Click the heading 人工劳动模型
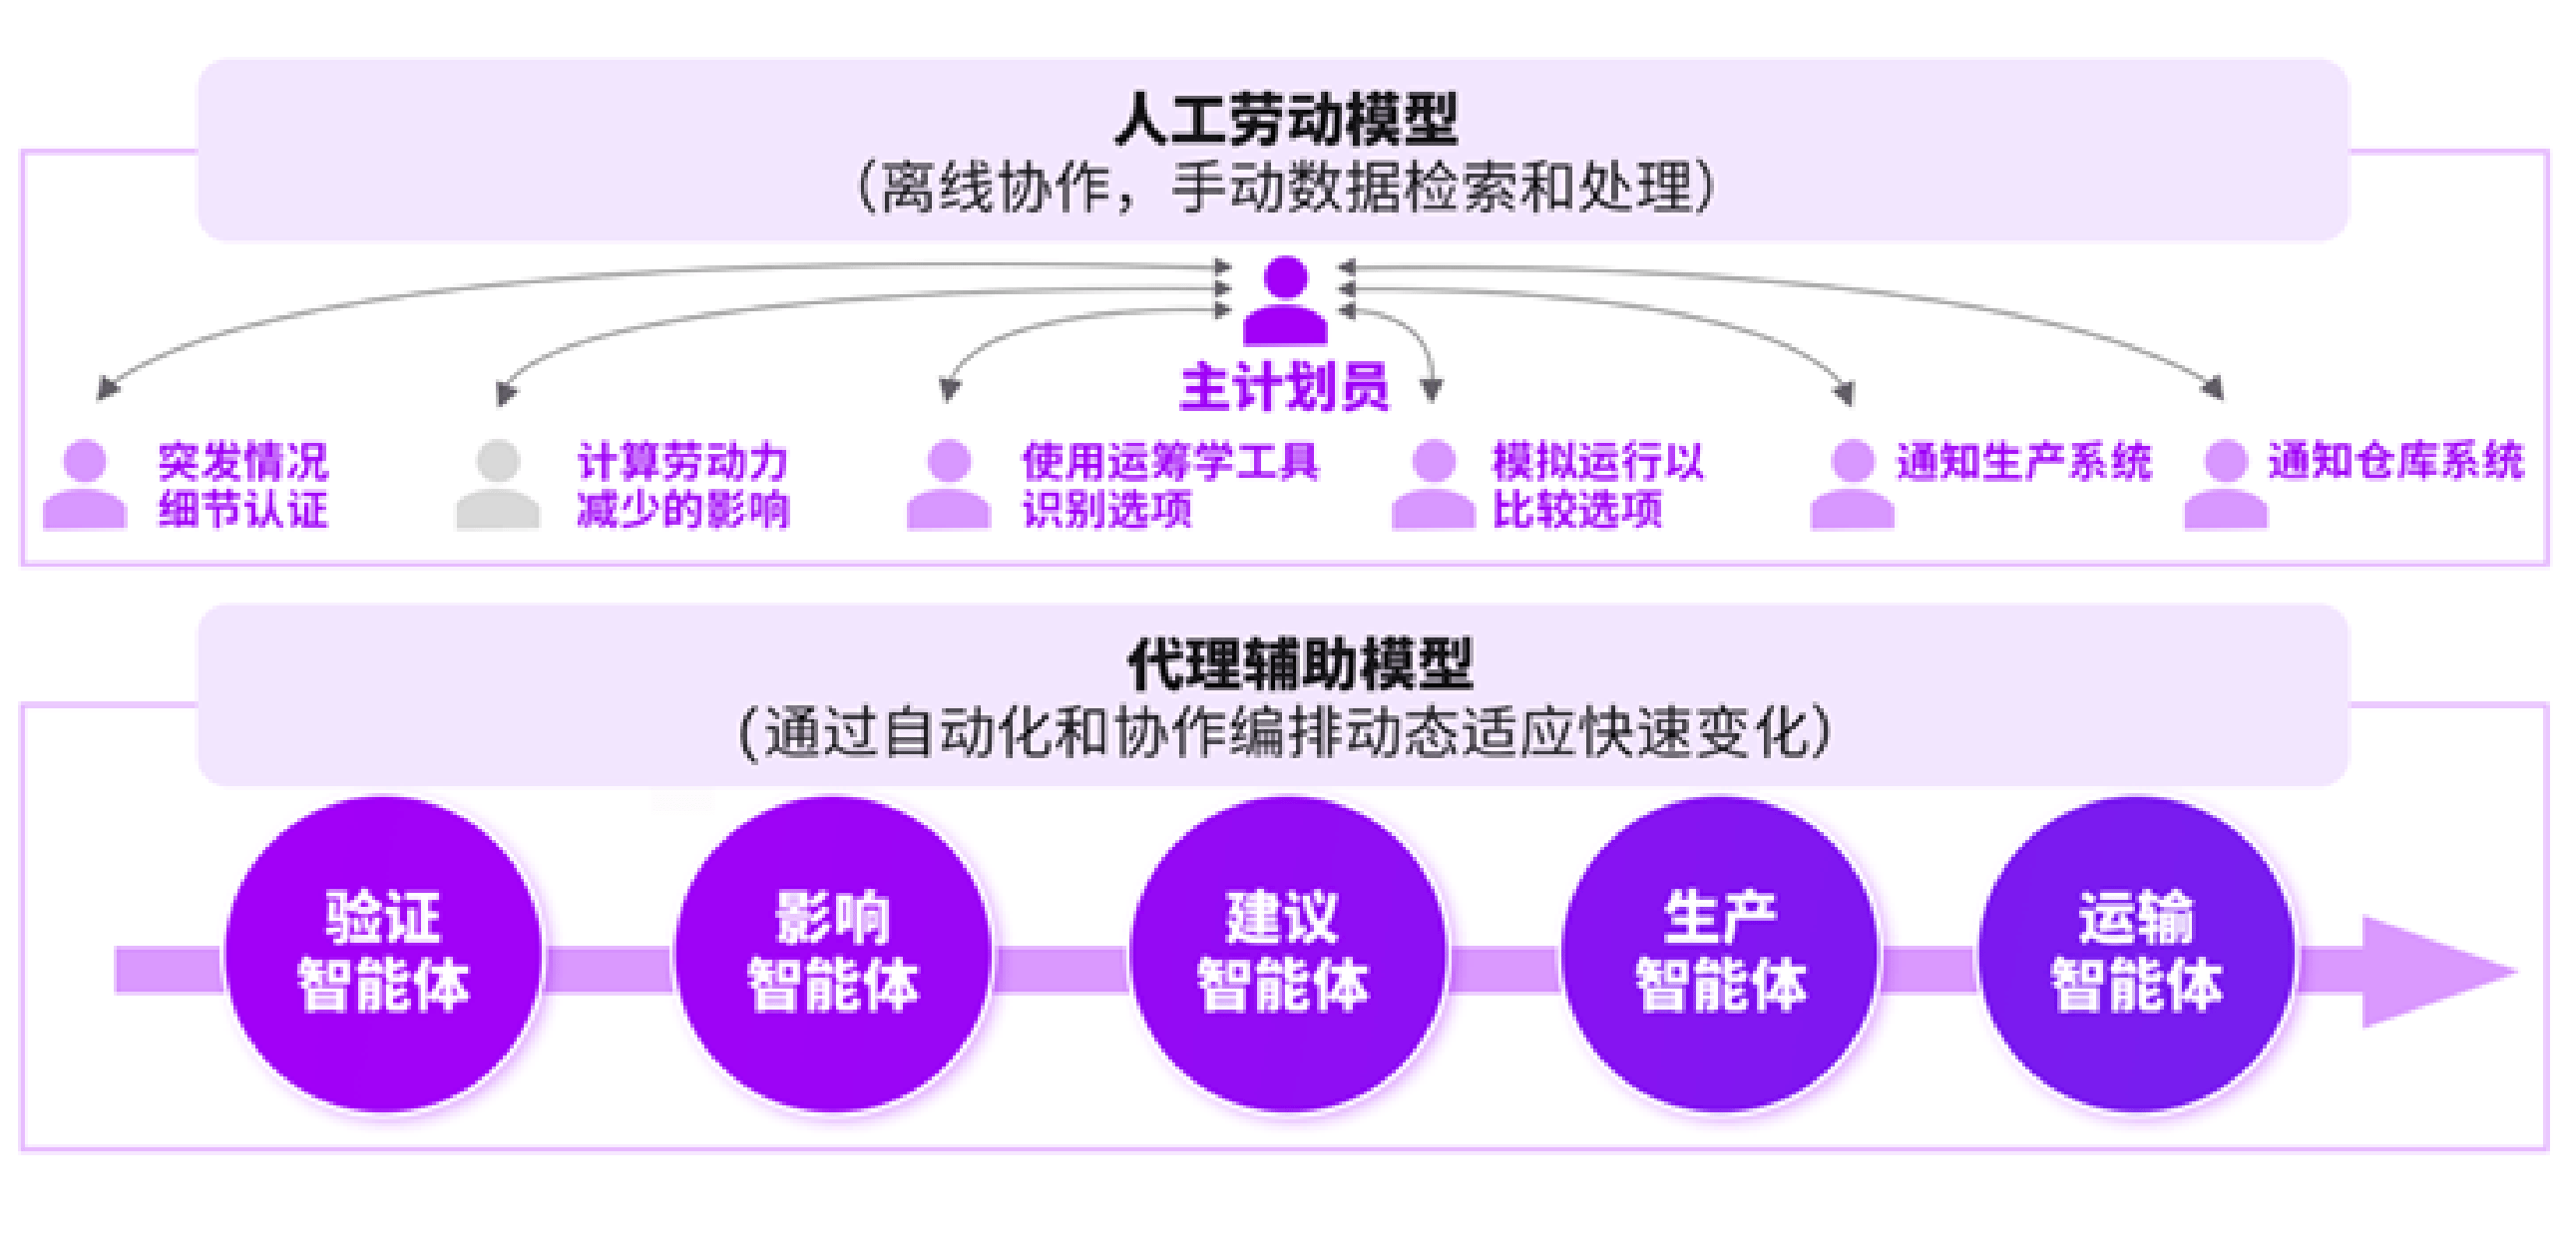pyautogui.click(x=1285, y=119)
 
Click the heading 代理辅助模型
pyautogui.click(x=1300, y=663)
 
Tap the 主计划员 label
pyautogui.click(x=1283, y=387)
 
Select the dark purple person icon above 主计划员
pyautogui.click(x=1285, y=299)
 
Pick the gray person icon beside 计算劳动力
pyautogui.click(x=497, y=485)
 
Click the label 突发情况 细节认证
pyautogui.click(x=242, y=485)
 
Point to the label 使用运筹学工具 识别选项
pyautogui.click(x=1169, y=485)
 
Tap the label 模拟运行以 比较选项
pyautogui.click(x=1597, y=485)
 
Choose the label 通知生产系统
pyautogui.click(x=2023, y=462)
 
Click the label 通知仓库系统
pyautogui.click(x=2395, y=461)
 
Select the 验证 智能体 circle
pyautogui.click(x=383, y=953)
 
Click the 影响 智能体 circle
pyautogui.click(x=833, y=953)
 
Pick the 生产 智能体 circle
pyautogui.click(x=1719, y=953)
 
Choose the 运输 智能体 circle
pyautogui.click(x=2137, y=953)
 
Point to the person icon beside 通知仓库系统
pyautogui.click(x=2226, y=485)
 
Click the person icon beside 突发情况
pyautogui.click(x=85, y=485)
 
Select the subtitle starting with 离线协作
pyautogui.click(x=1285, y=188)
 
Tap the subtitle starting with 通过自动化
pyautogui.click(x=1285, y=733)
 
